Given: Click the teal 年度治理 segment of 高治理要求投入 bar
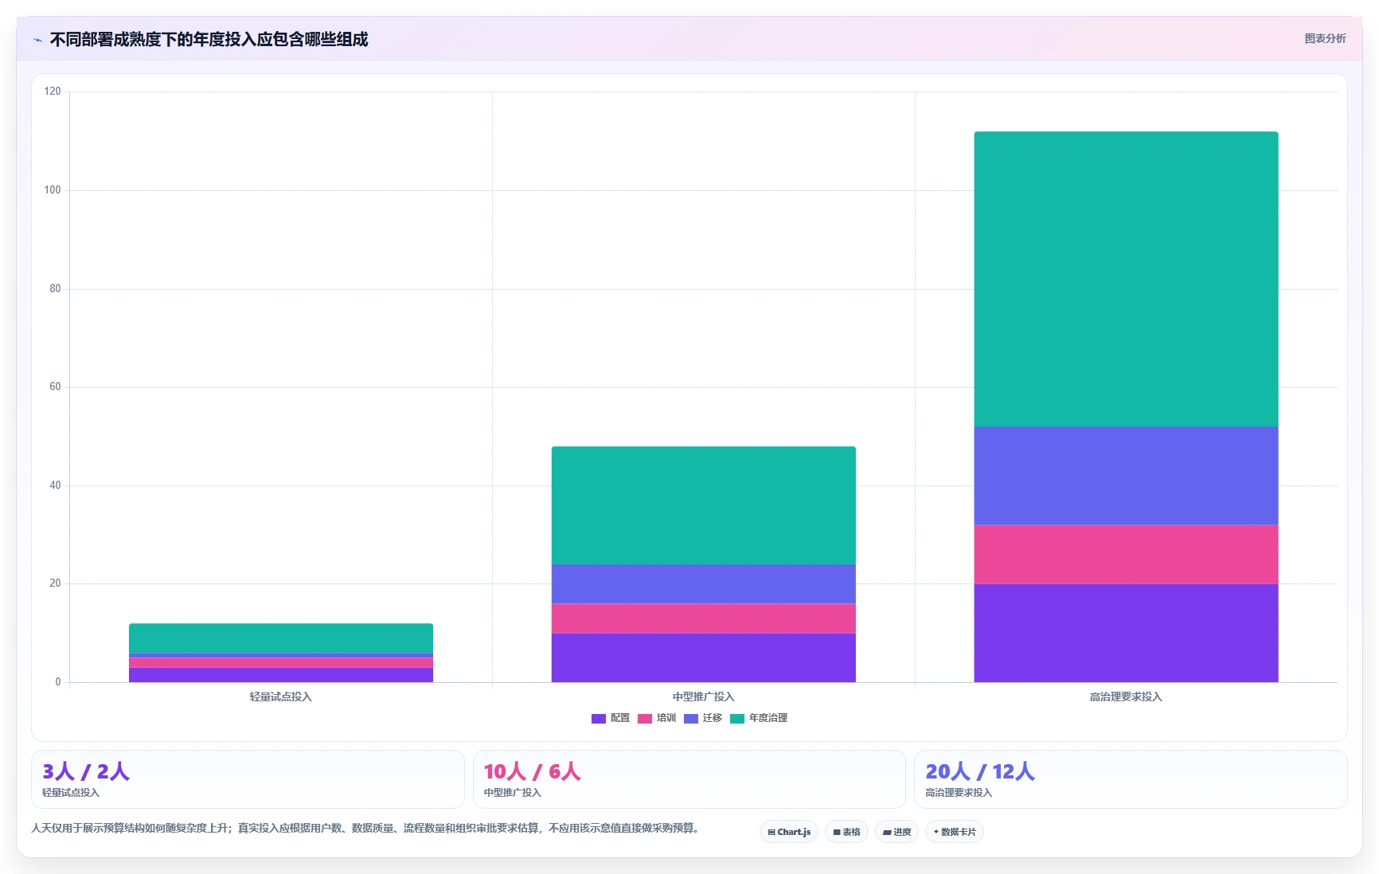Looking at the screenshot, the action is pos(1126,279).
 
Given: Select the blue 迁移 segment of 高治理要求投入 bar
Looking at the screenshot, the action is pos(1126,475).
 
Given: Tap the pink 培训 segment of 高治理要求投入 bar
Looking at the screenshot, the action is pos(1126,554).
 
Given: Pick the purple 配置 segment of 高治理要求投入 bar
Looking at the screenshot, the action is pos(1126,633).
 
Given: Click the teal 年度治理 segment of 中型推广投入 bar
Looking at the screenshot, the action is pos(703,505).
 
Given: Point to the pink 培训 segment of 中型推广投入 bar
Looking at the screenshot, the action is pos(703,618).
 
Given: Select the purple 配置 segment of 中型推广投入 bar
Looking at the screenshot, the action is pos(703,657).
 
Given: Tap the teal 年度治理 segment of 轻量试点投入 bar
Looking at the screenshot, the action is pos(281,638).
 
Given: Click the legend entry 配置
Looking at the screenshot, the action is pos(611,718).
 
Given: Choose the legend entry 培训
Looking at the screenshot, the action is pos(657,718).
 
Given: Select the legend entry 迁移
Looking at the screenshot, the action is pos(703,718).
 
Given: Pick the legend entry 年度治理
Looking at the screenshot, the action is pos(759,718).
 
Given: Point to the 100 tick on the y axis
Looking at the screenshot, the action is pos(53,190).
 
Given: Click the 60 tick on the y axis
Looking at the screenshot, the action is pos(55,387).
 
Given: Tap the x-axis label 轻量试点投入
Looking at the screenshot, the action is pos(281,696).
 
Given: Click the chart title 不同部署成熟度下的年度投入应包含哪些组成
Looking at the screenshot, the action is pos(209,39).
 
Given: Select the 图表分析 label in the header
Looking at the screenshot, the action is pos(1325,38).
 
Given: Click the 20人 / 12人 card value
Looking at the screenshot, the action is pos(980,771).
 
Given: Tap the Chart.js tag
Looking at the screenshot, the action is pos(789,832).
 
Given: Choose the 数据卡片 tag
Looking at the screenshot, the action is pos(955,832).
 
